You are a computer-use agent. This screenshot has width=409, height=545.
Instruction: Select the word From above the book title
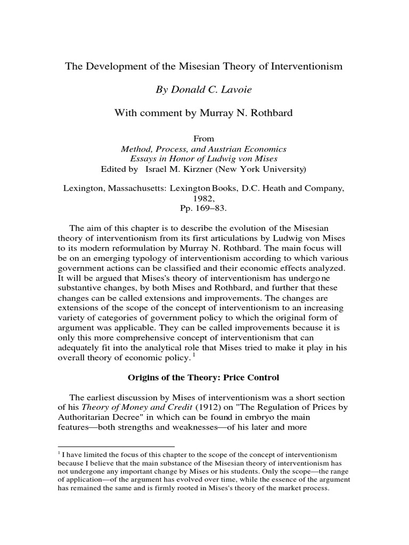click(x=203, y=138)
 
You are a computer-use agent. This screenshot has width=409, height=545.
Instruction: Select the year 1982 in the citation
click(x=203, y=197)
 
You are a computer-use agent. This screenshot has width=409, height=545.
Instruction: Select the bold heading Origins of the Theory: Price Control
click(x=203, y=377)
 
